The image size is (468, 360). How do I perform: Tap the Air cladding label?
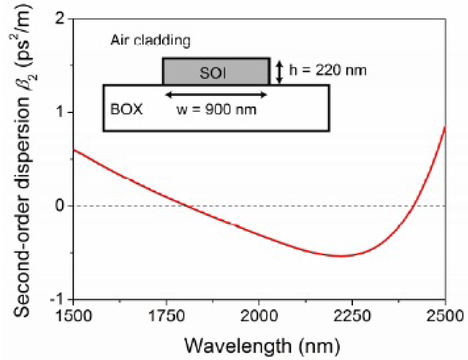coord(151,40)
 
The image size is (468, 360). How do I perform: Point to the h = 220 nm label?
coord(328,69)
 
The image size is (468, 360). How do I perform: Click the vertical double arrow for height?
coord(280,71)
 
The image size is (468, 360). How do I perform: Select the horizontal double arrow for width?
coord(216,95)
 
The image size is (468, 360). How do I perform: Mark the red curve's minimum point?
coord(341,256)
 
